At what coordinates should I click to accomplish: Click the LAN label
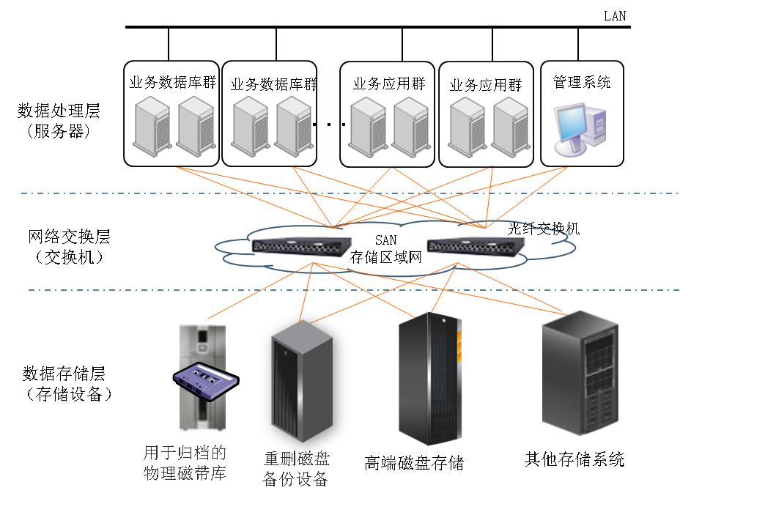[x=615, y=15]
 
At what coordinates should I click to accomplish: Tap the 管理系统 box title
[x=581, y=82]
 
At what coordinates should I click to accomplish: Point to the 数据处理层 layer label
[x=59, y=111]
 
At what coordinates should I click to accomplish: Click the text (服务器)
[x=59, y=132]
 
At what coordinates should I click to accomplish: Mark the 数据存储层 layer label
[x=64, y=374]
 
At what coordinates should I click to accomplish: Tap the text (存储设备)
[x=69, y=394]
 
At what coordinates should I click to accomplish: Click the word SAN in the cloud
[x=385, y=240]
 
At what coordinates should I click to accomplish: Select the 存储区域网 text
[x=386, y=256]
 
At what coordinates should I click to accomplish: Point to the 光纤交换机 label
[x=544, y=229]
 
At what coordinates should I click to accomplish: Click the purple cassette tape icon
[x=206, y=381]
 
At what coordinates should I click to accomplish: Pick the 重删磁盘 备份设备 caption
[x=296, y=470]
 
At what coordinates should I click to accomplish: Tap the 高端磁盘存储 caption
[x=414, y=463]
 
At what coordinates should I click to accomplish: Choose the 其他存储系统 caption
[x=574, y=460]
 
